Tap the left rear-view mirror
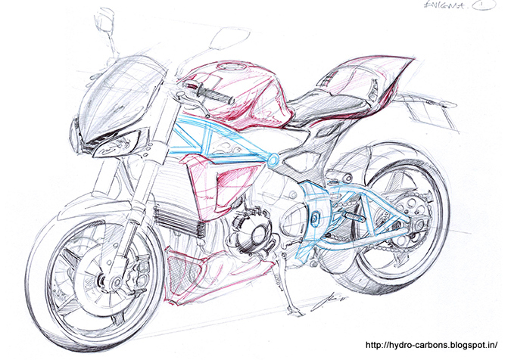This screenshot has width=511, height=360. [x=104, y=23]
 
